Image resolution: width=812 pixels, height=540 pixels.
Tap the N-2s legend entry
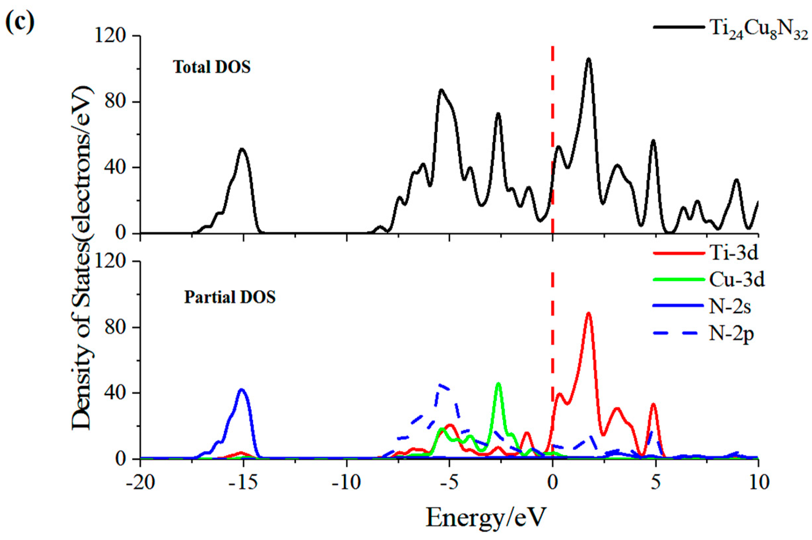tap(730, 306)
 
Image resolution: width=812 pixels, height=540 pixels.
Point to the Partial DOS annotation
tap(230, 297)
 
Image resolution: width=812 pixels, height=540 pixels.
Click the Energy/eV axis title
tap(486, 517)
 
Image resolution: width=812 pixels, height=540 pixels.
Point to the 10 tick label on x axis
tap(758, 483)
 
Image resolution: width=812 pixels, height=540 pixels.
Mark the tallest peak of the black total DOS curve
tap(588, 59)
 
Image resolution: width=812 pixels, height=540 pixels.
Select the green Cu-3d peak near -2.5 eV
tap(498, 384)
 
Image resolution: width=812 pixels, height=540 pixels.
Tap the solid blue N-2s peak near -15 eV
tap(242, 390)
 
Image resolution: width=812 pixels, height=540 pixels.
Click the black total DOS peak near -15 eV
tap(242, 149)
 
